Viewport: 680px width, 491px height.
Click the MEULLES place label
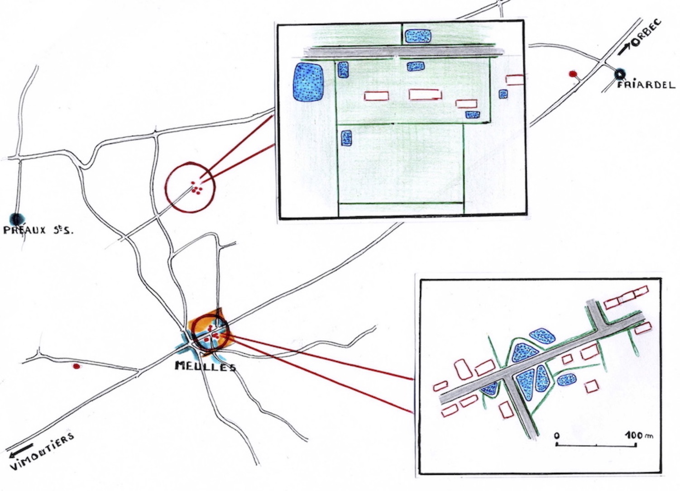click(205, 366)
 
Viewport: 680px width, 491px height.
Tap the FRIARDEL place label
click(646, 85)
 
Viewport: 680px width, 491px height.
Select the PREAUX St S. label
click(38, 230)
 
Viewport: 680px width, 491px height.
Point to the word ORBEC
click(646, 33)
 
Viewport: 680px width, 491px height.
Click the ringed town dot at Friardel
click(619, 73)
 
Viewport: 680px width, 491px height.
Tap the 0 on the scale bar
click(556, 436)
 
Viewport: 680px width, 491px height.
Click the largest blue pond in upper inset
click(309, 81)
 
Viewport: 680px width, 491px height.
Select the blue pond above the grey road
click(418, 36)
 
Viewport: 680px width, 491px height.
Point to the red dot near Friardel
click(573, 73)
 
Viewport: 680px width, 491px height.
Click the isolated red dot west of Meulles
click(77, 366)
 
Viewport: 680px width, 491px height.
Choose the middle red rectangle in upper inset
click(425, 94)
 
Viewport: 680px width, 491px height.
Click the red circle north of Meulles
click(190, 187)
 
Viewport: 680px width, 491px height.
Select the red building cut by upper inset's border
click(515, 80)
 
